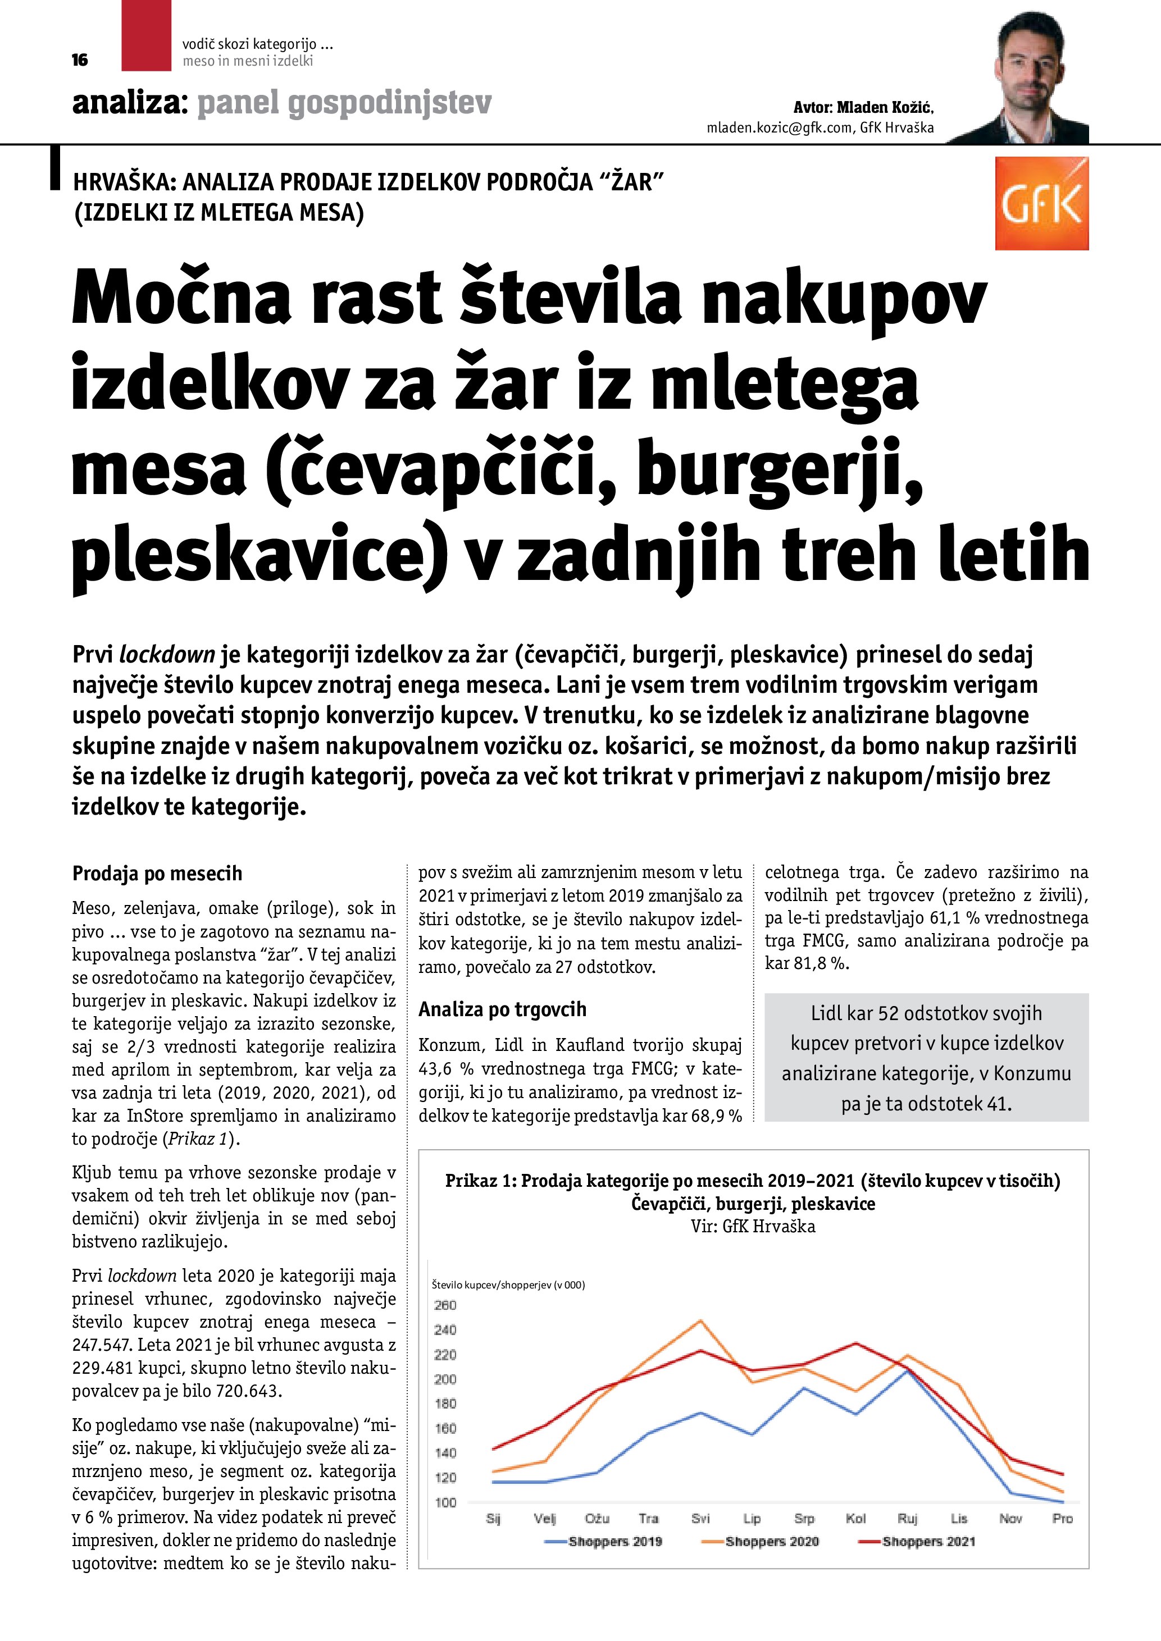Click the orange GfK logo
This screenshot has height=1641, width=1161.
(1041, 204)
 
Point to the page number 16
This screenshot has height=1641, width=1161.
(80, 60)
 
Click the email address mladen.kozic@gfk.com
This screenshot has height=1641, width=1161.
(779, 128)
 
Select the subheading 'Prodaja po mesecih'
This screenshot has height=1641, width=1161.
(157, 874)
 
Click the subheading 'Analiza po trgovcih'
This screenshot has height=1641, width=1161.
(502, 1009)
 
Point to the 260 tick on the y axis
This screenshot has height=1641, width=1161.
(445, 1305)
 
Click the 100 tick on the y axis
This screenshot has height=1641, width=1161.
(445, 1502)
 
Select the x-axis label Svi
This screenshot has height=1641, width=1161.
(700, 1519)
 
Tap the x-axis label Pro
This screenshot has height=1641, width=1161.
(1062, 1519)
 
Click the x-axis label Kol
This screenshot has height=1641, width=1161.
(856, 1519)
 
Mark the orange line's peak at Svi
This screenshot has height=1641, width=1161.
(700, 1321)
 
